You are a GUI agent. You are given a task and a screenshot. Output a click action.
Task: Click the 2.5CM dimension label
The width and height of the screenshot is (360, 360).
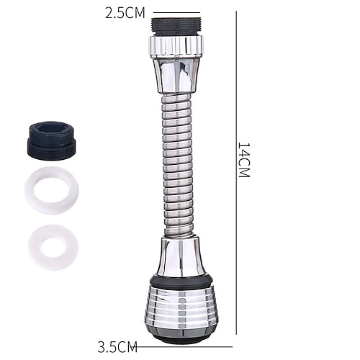(x=125, y=14)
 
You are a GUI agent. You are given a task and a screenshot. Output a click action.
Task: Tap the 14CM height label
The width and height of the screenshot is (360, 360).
(x=244, y=160)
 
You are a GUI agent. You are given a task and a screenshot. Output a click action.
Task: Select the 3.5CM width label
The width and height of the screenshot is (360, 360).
(x=117, y=346)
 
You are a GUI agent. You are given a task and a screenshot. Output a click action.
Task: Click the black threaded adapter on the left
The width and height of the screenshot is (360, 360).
(x=51, y=139)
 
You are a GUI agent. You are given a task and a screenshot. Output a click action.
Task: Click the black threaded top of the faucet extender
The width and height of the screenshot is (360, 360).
(x=176, y=27)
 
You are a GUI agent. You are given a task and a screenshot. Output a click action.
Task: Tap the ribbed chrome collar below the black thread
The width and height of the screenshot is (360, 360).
(x=176, y=45)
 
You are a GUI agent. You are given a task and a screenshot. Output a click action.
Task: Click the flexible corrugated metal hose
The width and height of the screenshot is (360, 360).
(x=178, y=165)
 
